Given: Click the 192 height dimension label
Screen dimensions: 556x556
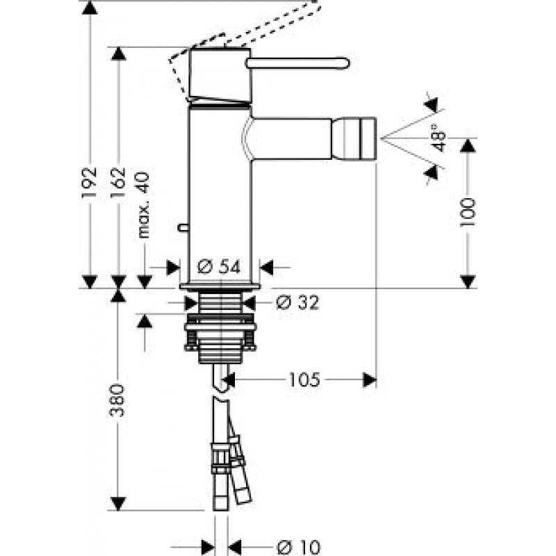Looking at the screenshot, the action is click(x=90, y=182).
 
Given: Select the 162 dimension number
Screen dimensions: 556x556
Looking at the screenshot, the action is click(x=118, y=182).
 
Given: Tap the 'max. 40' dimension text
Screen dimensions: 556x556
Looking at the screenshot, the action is click(x=144, y=205).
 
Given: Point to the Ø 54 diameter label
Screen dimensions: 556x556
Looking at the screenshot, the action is click(x=219, y=267).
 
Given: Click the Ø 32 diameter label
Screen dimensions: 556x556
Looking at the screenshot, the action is click(x=298, y=302).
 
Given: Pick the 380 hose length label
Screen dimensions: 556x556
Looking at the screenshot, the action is click(x=117, y=400).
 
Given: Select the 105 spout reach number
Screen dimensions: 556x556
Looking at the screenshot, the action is click(x=304, y=380).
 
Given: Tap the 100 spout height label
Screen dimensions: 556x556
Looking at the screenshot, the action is click(x=468, y=212).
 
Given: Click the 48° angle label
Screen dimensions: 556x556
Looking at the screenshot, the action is click(x=439, y=138).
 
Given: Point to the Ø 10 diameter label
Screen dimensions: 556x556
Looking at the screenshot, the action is click(x=299, y=548).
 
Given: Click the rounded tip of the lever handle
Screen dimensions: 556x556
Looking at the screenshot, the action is click(x=345, y=63).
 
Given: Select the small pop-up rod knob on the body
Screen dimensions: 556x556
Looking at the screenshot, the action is click(x=183, y=227).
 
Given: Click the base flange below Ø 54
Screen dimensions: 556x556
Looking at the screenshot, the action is click(x=220, y=286).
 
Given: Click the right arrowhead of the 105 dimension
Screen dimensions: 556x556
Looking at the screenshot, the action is click(x=370, y=380).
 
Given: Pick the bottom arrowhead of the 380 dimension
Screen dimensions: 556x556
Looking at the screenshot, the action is click(x=118, y=504).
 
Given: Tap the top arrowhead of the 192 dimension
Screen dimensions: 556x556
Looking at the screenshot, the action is click(x=90, y=7).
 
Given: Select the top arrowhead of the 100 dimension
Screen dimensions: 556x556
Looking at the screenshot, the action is click(x=468, y=145).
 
